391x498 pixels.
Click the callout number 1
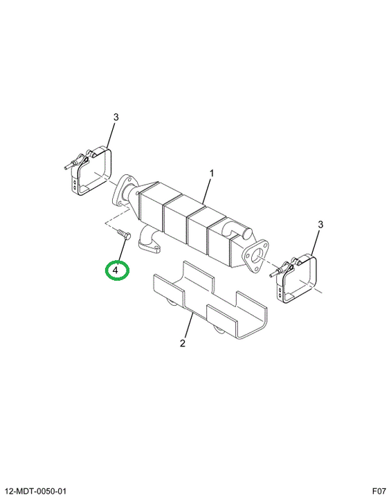coord(211,174)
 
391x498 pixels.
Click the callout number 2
coord(182,343)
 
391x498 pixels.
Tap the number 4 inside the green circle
coord(115,270)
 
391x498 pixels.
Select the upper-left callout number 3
coord(116,117)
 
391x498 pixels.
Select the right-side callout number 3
coord(320,225)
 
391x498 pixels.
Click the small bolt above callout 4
coord(124,234)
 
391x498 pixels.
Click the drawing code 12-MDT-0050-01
coord(36,491)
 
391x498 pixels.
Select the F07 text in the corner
coord(379,491)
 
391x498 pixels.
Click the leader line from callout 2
coord(188,326)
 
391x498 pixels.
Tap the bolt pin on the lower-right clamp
coord(275,272)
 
